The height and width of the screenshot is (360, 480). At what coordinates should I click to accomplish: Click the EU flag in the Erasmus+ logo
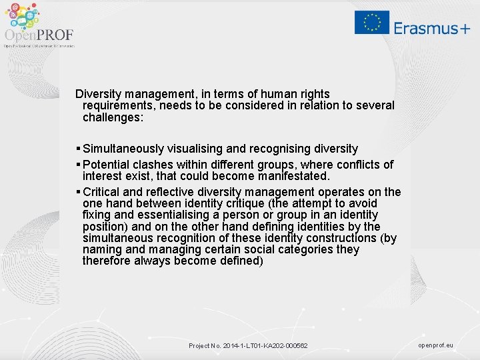click(372, 22)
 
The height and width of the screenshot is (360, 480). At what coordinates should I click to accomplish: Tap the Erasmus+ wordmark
click(431, 27)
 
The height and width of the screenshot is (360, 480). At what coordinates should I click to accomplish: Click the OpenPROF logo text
click(39, 35)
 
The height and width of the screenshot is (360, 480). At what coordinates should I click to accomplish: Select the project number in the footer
click(248, 345)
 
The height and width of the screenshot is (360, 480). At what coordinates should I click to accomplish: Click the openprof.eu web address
click(435, 345)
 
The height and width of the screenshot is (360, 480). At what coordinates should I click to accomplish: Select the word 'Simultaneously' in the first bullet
click(126, 149)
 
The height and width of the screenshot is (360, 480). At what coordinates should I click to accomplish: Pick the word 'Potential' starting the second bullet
click(107, 164)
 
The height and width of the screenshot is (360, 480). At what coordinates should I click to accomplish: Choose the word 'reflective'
click(175, 192)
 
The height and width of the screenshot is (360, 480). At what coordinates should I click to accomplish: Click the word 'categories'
click(293, 249)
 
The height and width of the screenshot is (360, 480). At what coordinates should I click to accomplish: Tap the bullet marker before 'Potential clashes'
click(79, 164)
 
